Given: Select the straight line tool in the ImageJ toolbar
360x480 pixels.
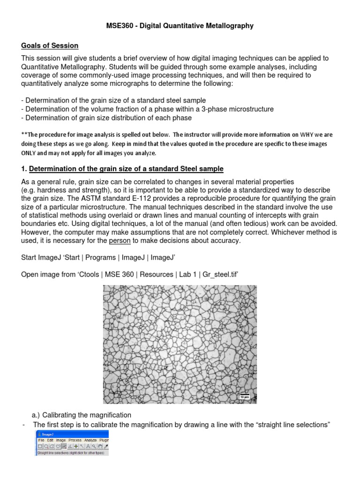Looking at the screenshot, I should [63, 447].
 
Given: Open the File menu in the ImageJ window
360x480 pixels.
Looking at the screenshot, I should [41, 441].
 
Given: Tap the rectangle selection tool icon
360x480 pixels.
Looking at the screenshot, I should [40, 447].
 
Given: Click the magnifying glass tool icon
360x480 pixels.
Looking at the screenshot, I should [93, 447].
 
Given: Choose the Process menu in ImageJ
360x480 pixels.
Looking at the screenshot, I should [75, 441].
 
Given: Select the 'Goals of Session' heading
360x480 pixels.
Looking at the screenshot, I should [50, 45].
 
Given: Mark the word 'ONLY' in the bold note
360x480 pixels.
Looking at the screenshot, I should [30, 153].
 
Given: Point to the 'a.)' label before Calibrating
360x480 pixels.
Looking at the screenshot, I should [37, 415].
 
